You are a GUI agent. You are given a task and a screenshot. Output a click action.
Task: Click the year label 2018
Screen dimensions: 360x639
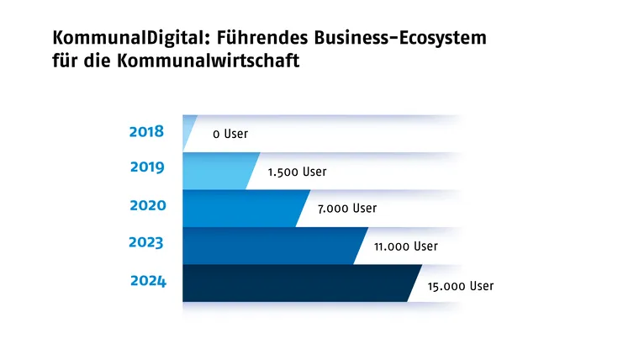click(x=146, y=132)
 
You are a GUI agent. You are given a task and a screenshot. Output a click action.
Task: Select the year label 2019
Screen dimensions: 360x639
click(x=147, y=167)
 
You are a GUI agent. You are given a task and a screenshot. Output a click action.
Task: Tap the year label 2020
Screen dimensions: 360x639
click(x=148, y=205)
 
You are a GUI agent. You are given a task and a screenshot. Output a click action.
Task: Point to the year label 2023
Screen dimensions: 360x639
click(x=146, y=243)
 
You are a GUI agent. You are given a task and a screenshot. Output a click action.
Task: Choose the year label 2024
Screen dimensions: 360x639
click(x=148, y=281)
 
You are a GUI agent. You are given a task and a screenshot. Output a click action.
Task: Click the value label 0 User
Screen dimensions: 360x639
click(x=230, y=134)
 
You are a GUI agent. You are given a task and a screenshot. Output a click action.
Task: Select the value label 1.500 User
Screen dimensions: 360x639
click(x=297, y=172)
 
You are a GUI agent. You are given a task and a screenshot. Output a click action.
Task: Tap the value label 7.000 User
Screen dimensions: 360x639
click(x=347, y=209)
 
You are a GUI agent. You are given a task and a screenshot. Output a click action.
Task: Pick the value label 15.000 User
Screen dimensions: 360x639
click(x=460, y=286)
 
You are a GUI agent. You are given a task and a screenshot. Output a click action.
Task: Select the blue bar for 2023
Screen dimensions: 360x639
click(x=269, y=246)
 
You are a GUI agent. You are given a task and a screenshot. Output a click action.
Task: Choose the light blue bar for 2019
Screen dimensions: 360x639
click(x=217, y=171)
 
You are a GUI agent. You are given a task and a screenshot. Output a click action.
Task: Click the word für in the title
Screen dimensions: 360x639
click(x=65, y=62)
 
